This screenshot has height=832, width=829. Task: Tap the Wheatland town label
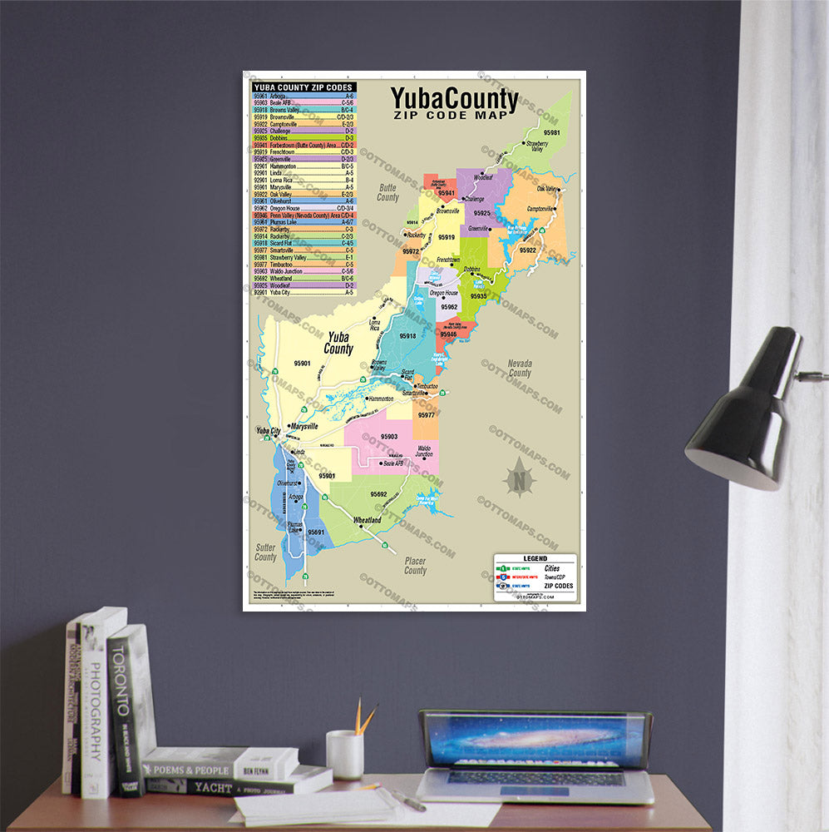(x=367, y=520)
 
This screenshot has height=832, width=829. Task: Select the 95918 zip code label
(x=407, y=336)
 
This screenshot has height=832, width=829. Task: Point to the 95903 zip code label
(x=389, y=436)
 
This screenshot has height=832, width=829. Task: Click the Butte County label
(x=387, y=193)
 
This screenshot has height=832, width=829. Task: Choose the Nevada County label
(x=520, y=369)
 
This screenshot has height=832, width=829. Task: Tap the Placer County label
(x=415, y=566)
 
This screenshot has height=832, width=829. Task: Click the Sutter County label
(x=265, y=552)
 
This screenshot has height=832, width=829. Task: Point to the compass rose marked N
(x=521, y=478)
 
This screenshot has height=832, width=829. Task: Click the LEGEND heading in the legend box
(x=535, y=559)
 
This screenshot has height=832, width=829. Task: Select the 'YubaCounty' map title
(x=455, y=101)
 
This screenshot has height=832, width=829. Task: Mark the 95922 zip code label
(x=528, y=250)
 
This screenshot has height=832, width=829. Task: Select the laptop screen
(x=535, y=740)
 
